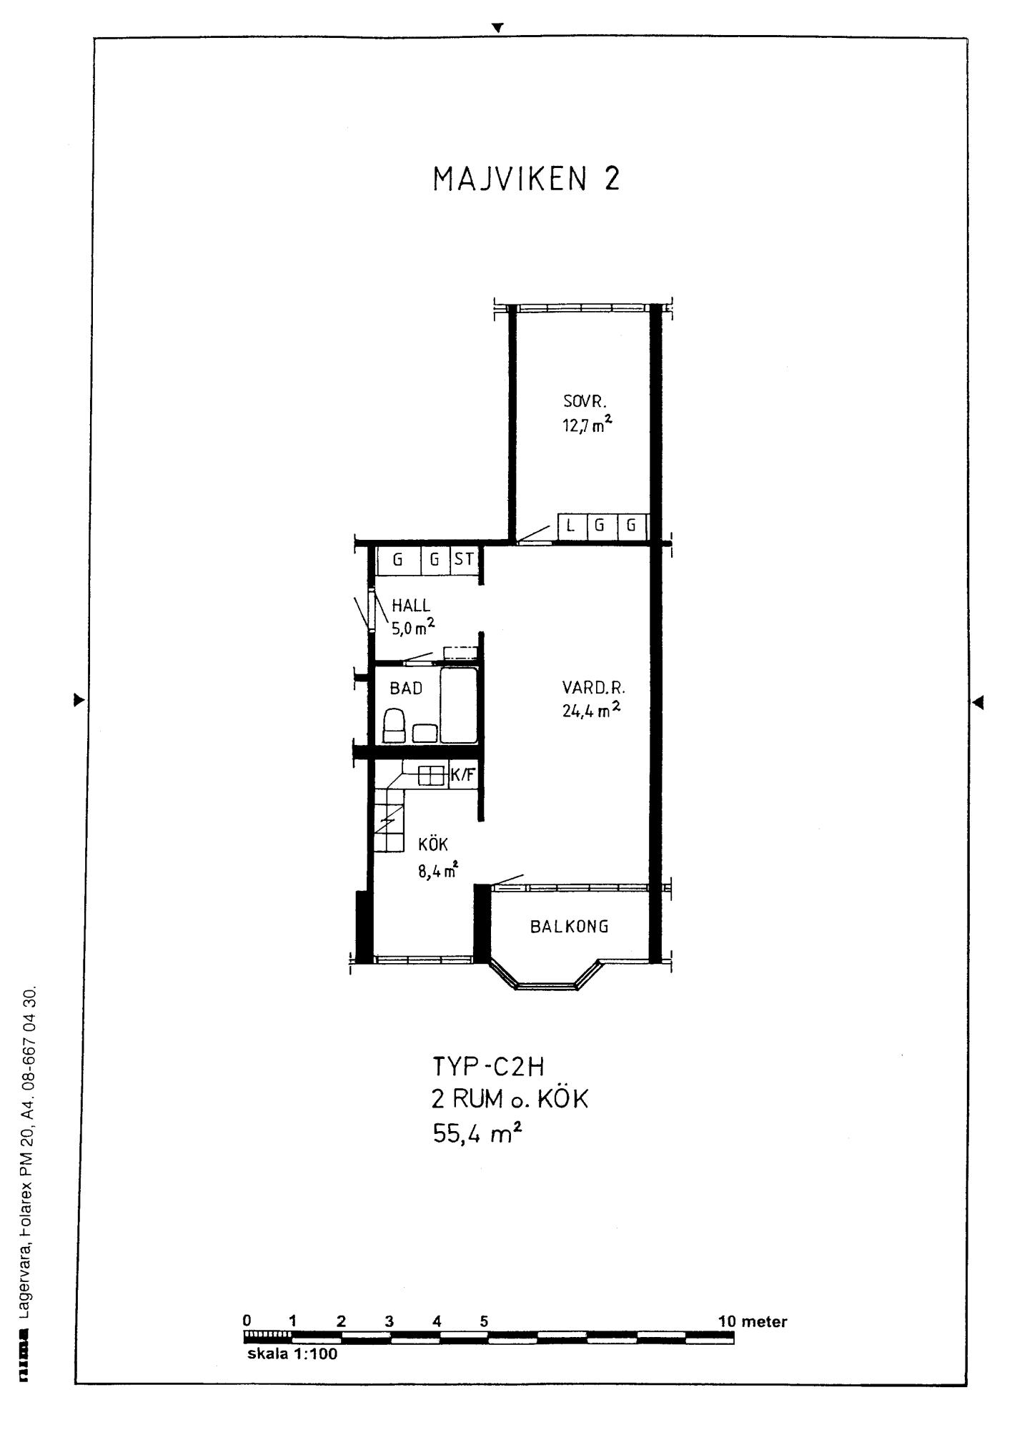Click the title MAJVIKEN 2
526,179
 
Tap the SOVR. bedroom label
585,403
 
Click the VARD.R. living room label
593,689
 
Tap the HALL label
411,606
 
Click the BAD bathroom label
406,689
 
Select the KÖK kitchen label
433,844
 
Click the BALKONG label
570,927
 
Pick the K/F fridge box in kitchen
462,775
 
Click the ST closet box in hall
464,560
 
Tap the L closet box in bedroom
570,526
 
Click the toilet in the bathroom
394,726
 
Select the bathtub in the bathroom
458,706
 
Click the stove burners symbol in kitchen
432,776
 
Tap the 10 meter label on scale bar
753,1321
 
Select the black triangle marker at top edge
498,27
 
